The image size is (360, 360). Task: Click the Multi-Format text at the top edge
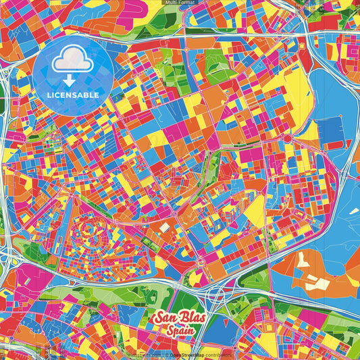(x=180, y=3)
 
